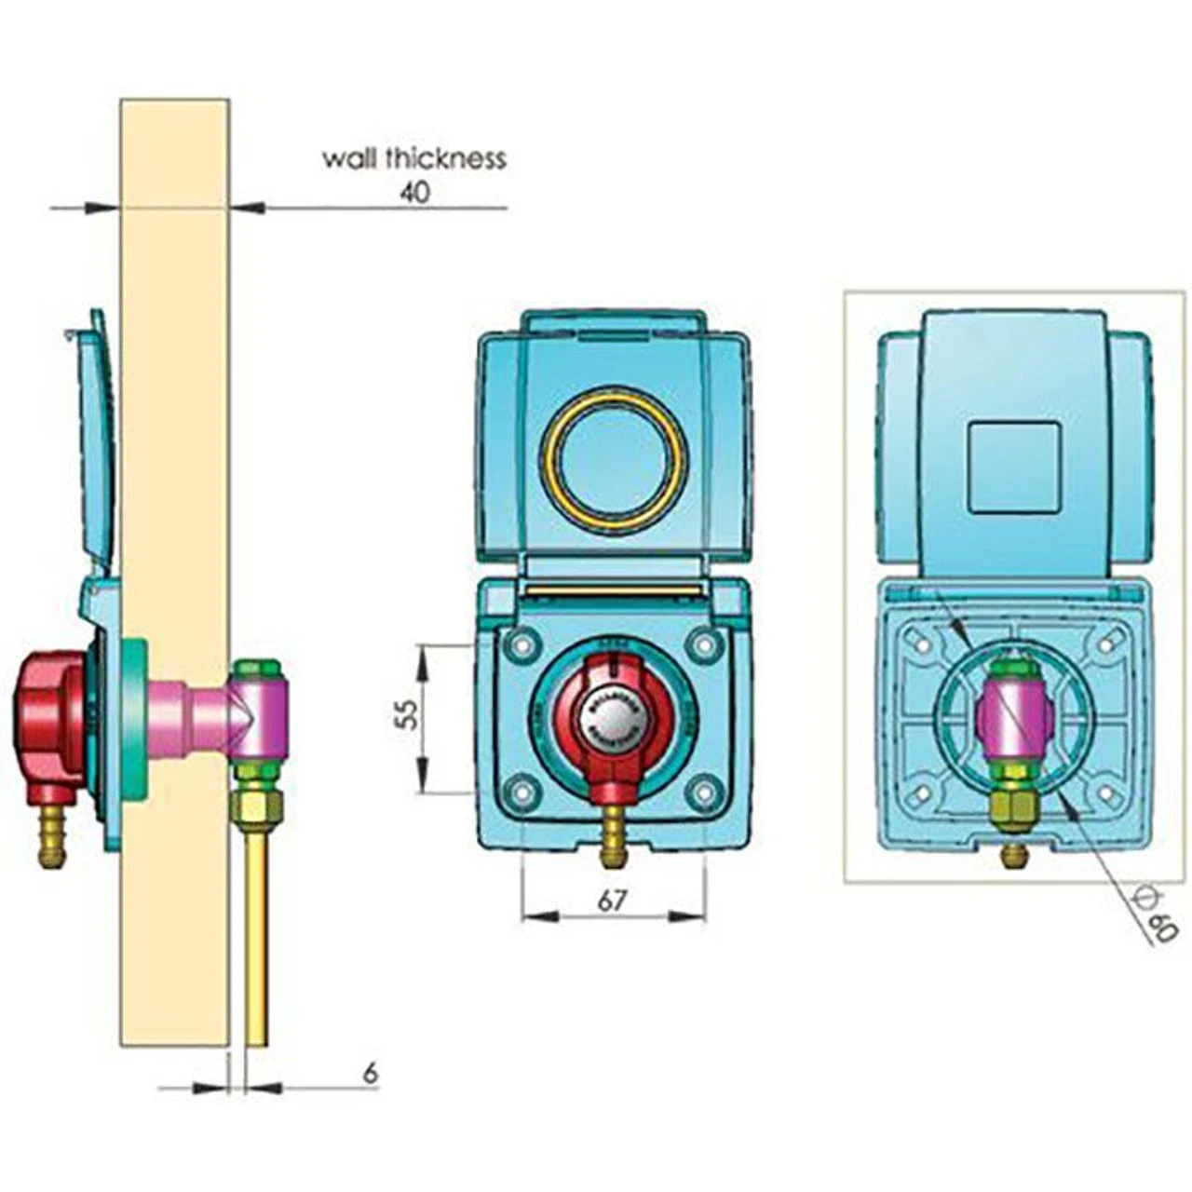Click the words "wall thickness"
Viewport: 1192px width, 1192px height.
[x=413, y=158]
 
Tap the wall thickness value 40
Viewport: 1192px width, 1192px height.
[x=416, y=192]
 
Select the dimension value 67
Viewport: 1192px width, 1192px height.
[x=612, y=901]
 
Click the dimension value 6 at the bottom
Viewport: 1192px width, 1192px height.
[x=370, y=1074]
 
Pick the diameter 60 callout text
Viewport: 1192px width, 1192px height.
[x=1151, y=914]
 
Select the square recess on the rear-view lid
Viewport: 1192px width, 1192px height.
[x=1013, y=467]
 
